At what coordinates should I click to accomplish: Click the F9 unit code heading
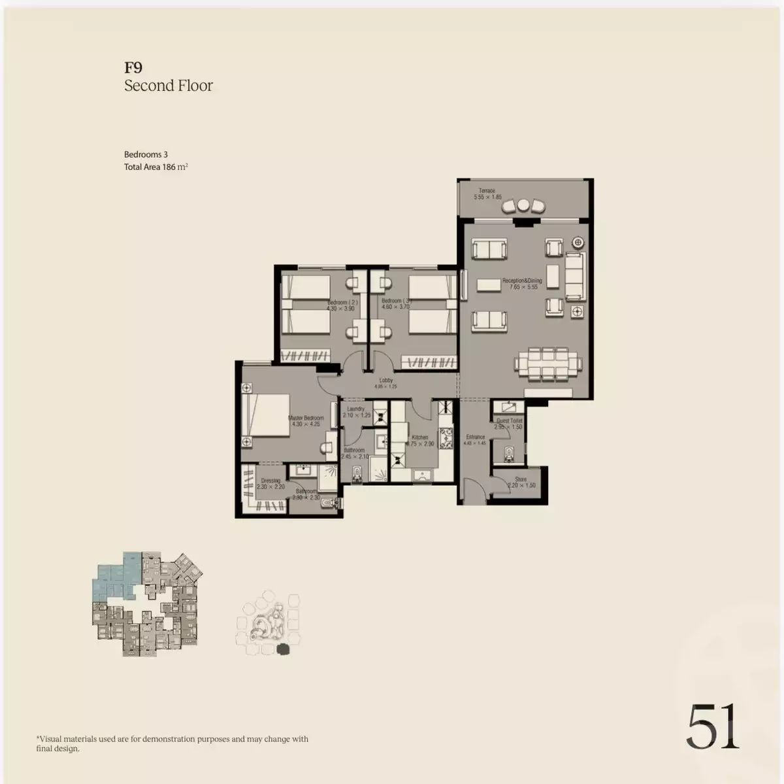tap(133, 67)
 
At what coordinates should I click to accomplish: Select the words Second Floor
tap(169, 86)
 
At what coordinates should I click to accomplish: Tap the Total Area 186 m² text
tap(156, 167)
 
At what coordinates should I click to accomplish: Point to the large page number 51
tap(713, 726)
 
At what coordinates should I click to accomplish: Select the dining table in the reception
tap(547, 364)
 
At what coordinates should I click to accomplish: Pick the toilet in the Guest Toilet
tap(509, 452)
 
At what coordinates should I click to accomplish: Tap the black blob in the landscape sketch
tap(283, 649)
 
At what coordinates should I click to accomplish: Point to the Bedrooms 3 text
tap(146, 154)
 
